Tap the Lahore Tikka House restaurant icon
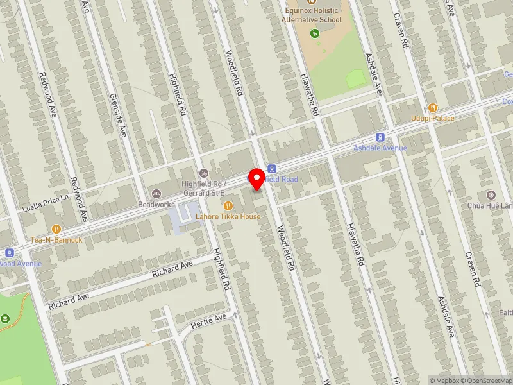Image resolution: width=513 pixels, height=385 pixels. coord(228,205)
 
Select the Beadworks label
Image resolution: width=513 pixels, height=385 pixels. coord(156,204)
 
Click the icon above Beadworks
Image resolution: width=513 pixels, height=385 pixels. coord(156,193)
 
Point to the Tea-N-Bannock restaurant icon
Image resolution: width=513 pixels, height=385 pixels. coord(56,228)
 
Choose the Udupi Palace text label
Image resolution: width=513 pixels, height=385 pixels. coord(433,118)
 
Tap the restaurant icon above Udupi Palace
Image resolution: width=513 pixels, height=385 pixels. coord(433,108)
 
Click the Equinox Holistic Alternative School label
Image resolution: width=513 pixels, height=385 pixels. coord(312,15)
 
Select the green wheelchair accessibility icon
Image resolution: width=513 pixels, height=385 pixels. coord(314,33)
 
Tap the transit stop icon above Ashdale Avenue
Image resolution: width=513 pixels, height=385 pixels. coord(380,137)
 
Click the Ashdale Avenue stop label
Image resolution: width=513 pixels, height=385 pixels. coord(380,148)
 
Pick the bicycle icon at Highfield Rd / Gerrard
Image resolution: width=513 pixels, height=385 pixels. coord(204,173)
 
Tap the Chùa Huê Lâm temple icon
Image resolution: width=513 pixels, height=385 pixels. coord(491,194)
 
